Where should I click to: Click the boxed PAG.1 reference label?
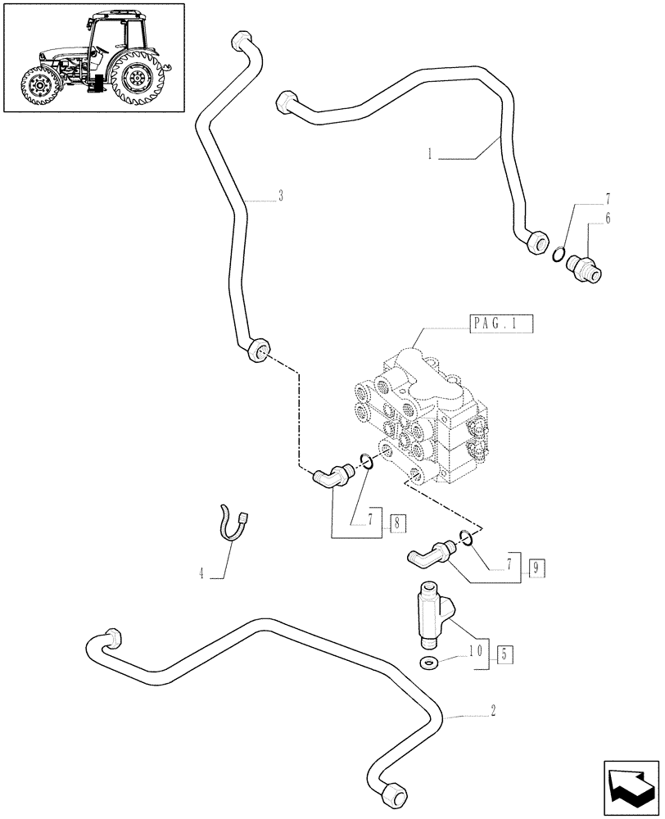(x=501, y=324)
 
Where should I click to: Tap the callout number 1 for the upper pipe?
(x=429, y=152)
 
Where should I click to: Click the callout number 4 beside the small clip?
(x=201, y=574)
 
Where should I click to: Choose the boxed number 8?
(x=397, y=521)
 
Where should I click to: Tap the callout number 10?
(x=475, y=653)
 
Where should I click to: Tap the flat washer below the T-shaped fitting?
(x=427, y=662)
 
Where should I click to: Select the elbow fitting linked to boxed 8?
(x=329, y=476)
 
